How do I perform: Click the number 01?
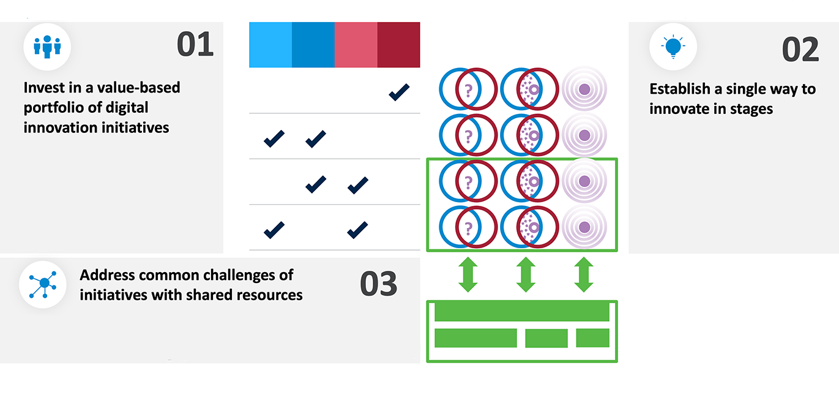(195, 45)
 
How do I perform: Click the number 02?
(800, 50)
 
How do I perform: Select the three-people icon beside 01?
(47, 47)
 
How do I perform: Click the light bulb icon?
(673, 47)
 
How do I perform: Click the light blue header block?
(270, 45)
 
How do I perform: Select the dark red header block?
(398, 45)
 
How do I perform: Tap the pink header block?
(356, 45)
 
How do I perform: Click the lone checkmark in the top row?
(399, 93)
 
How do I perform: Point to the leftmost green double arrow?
(468, 275)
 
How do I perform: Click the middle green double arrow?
(526, 275)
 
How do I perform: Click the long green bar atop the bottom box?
(521, 311)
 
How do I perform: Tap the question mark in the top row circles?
(468, 91)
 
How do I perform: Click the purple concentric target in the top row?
(584, 89)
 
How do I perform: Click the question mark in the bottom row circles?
(468, 227)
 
